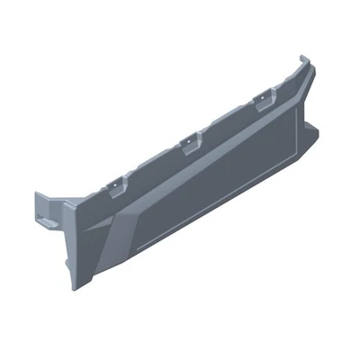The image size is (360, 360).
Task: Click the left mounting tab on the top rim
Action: [x=113, y=185]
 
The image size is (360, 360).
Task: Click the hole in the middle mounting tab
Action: [x=188, y=141]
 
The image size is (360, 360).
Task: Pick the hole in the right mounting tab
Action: [x=266, y=97]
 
